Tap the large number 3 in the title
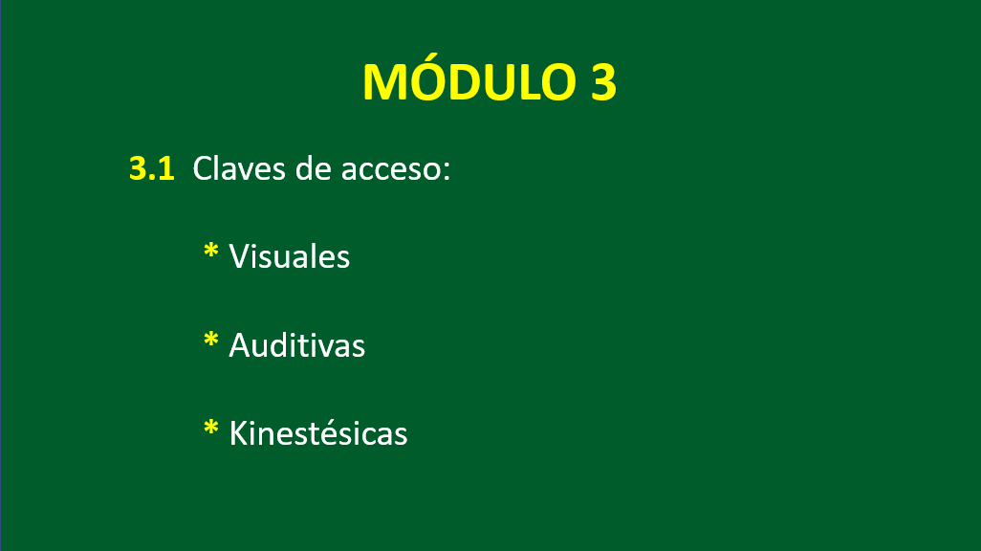pyautogui.click(x=603, y=82)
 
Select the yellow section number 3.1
pyautogui.click(x=151, y=169)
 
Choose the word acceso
pyautogui.click(x=391, y=170)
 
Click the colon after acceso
pyautogui.click(x=447, y=172)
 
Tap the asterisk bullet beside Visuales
pyautogui.click(x=211, y=251)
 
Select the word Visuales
pyautogui.click(x=289, y=256)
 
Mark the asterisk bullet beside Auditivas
pyautogui.click(x=211, y=340)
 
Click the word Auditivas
pyautogui.click(x=296, y=345)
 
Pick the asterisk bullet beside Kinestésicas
pyautogui.click(x=211, y=429)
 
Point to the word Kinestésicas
pyautogui.click(x=318, y=432)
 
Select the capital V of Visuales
pyautogui.click(x=241, y=256)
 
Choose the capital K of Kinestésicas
pyautogui.click(x=240, y=433)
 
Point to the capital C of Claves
pyautogui.click(x=203, y=168)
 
